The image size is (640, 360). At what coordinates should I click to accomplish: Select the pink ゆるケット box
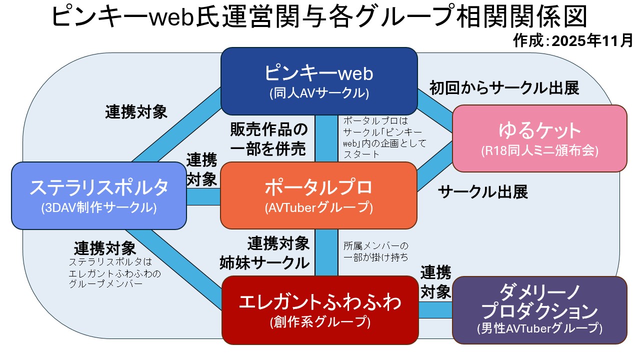coord(539,131)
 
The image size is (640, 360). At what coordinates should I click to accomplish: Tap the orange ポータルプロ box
coord(318,187)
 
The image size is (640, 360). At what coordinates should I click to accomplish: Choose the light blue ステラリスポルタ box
coord(99,188)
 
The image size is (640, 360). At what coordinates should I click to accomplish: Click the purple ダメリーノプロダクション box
coord(539,302)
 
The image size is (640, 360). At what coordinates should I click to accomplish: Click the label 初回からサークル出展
coord(504,88)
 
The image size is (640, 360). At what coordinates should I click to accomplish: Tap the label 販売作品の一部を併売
coord(269,138)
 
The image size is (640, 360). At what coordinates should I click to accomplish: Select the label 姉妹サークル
coord(265,262)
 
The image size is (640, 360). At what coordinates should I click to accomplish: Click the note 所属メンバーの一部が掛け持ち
coord(375,251)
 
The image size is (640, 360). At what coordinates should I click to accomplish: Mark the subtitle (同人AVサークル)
coord(319,93)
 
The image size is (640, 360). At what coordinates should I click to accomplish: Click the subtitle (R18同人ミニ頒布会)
coord(539,150)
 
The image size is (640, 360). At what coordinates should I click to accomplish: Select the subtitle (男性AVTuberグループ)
coord(539,328)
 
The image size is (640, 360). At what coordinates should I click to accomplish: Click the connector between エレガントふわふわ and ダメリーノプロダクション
coord(435,310)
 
